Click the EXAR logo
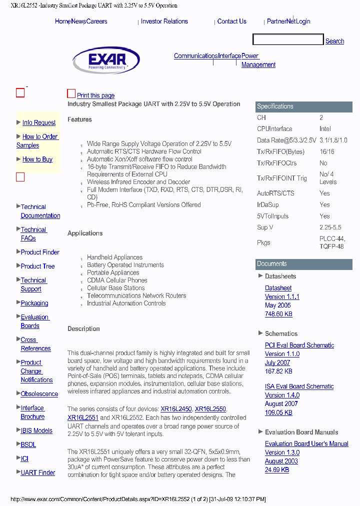point(106,60)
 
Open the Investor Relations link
point(164,21)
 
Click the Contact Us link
point(231,21)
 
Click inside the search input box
point(288,40)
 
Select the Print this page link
point(95,95)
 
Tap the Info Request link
point(39,122)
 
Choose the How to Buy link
point(37,159)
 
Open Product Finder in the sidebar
point(40,252)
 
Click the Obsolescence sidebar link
point(39,394)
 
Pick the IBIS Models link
point(36,430)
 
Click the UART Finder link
point(38,472)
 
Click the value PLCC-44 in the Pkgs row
point(332,239)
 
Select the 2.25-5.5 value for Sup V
point(331,227)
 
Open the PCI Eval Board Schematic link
point(299,345)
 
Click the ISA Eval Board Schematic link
point(299,386)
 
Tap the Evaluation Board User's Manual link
point(306,444)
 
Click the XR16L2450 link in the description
point(176,409)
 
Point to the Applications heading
point(85,233)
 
